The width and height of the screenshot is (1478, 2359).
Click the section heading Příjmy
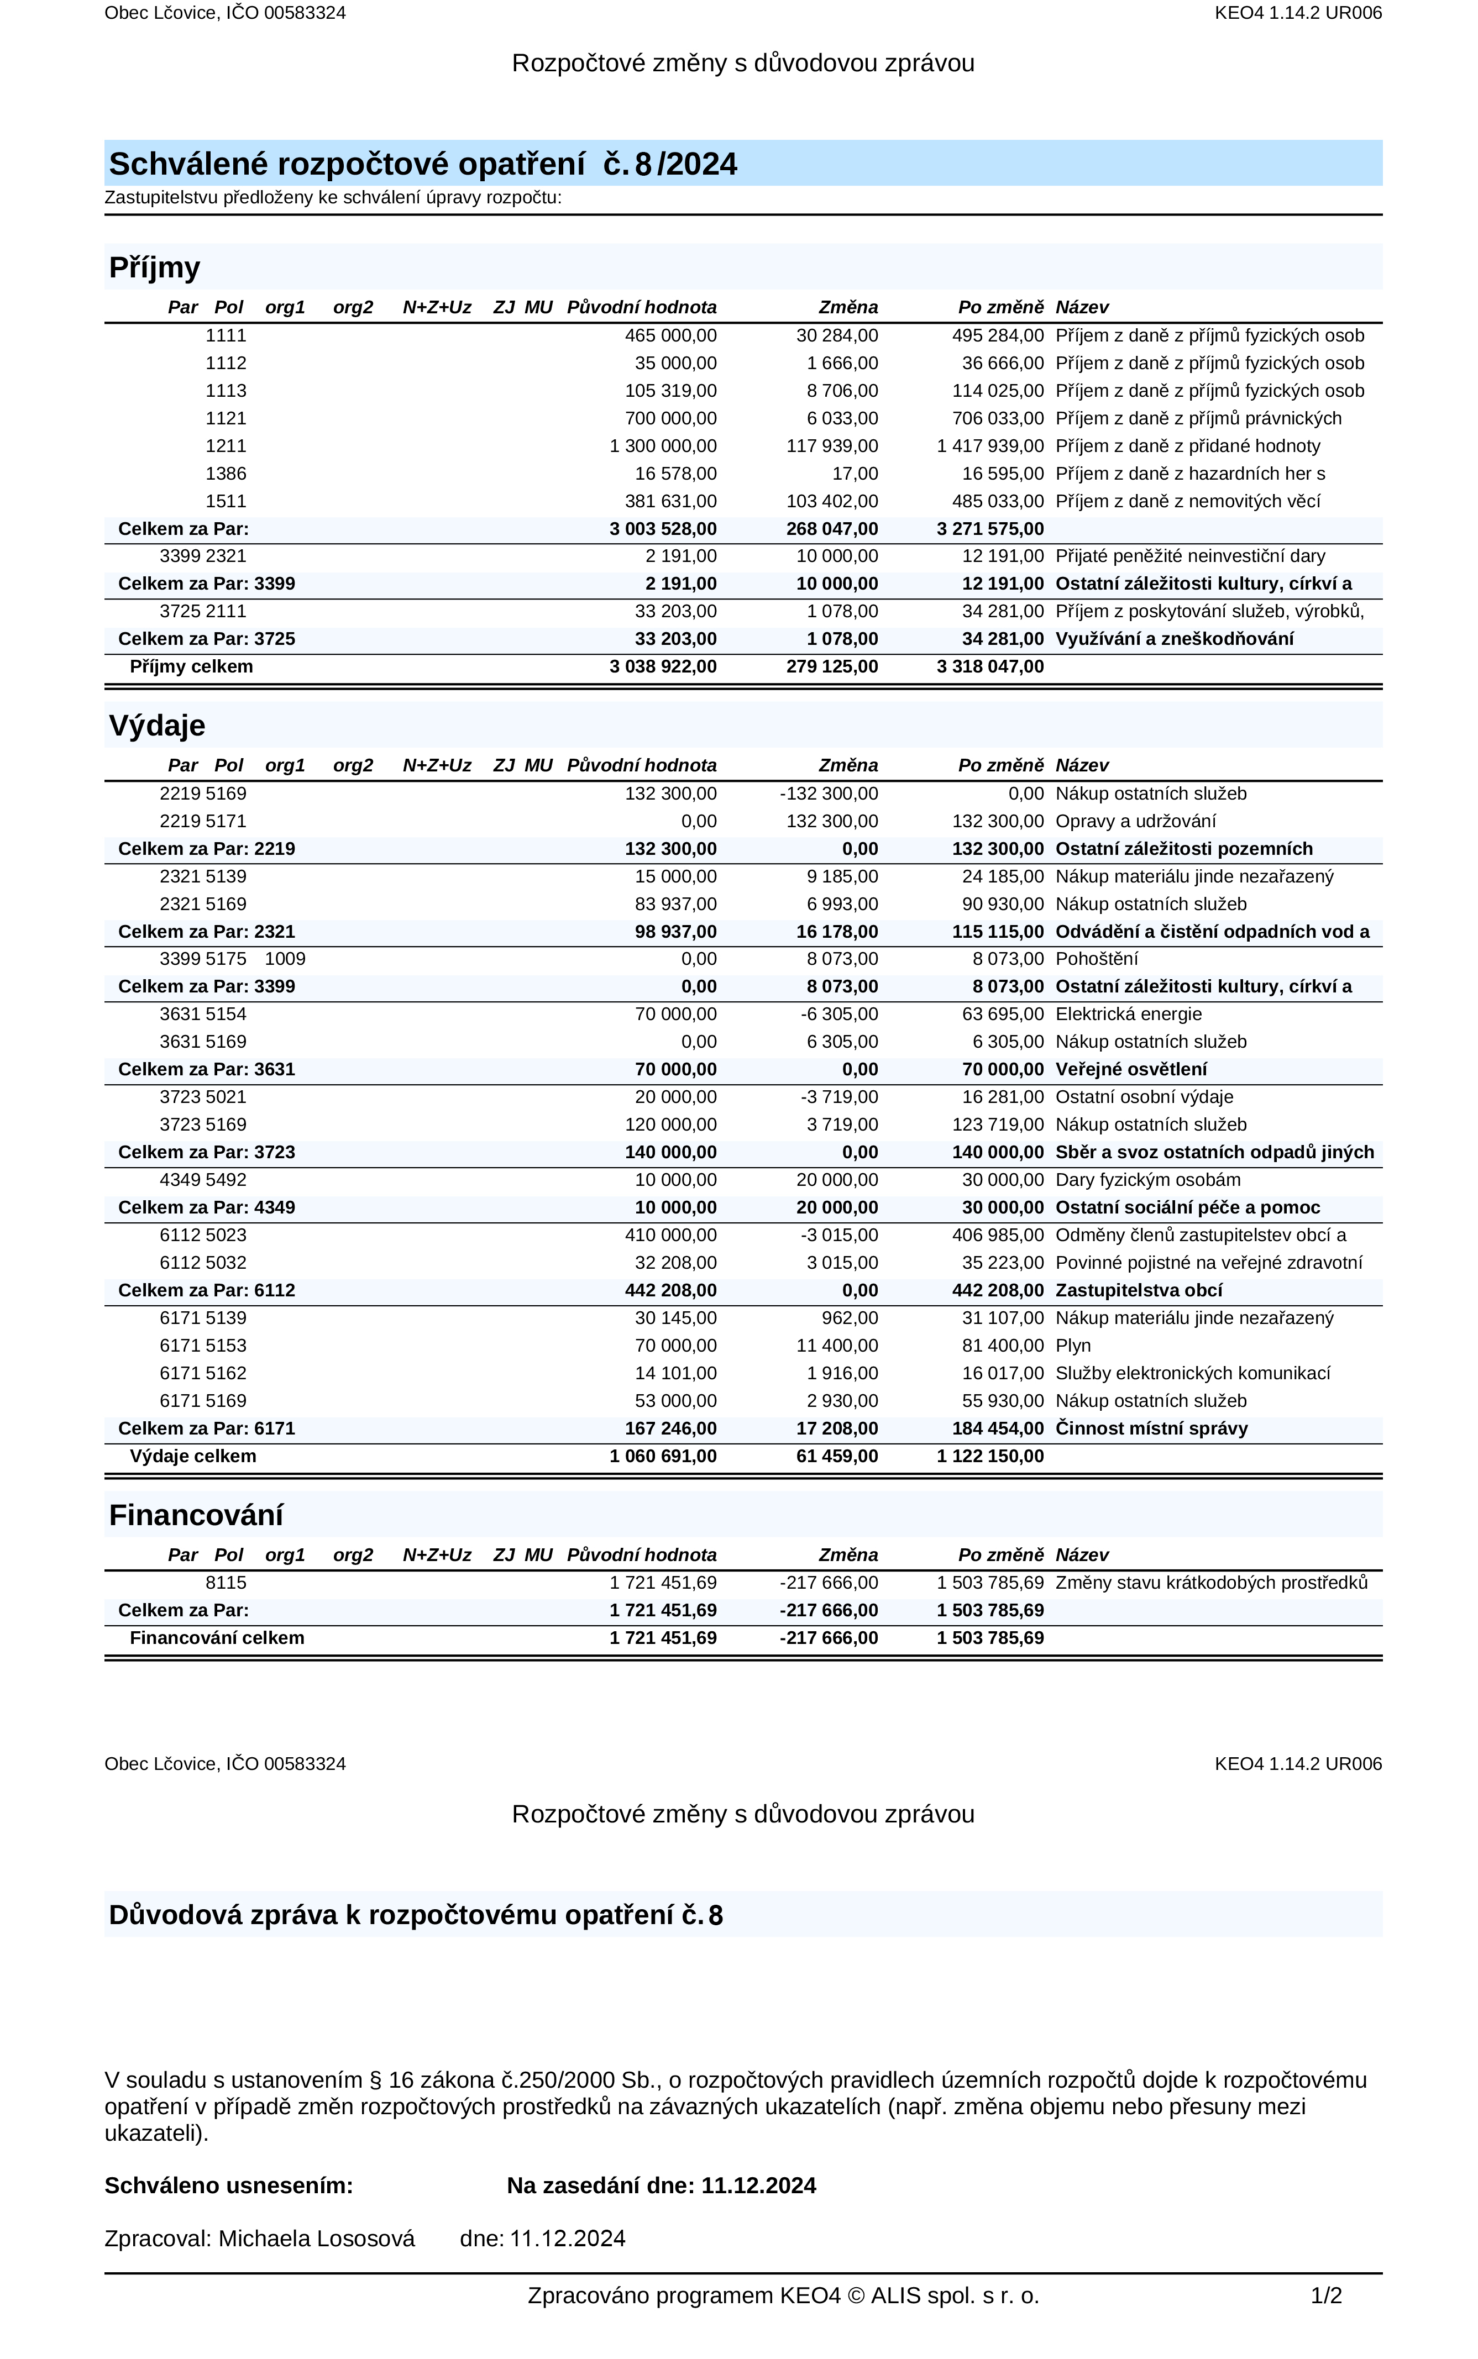[x=154, y=268]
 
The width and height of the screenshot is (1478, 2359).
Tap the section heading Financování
[x=196, y=1516]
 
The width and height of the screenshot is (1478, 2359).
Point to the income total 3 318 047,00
[x=990, y=666]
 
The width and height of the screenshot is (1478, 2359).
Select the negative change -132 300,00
[x=829, y=794]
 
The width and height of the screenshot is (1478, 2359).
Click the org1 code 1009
[x=285, y=959]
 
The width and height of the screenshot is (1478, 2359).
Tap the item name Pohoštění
[x=1097, y=959]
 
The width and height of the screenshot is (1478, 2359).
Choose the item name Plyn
[x=1073, y=1346]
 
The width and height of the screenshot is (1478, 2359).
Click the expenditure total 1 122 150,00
[x=990, y=1456]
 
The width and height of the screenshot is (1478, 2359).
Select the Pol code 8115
[x=226, y=1582]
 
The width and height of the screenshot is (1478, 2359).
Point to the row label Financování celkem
[x=217, y=1638]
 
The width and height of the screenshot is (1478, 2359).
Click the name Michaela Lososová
[x=317, y=2239]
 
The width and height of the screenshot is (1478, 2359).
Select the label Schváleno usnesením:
[x=229, y=2186]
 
